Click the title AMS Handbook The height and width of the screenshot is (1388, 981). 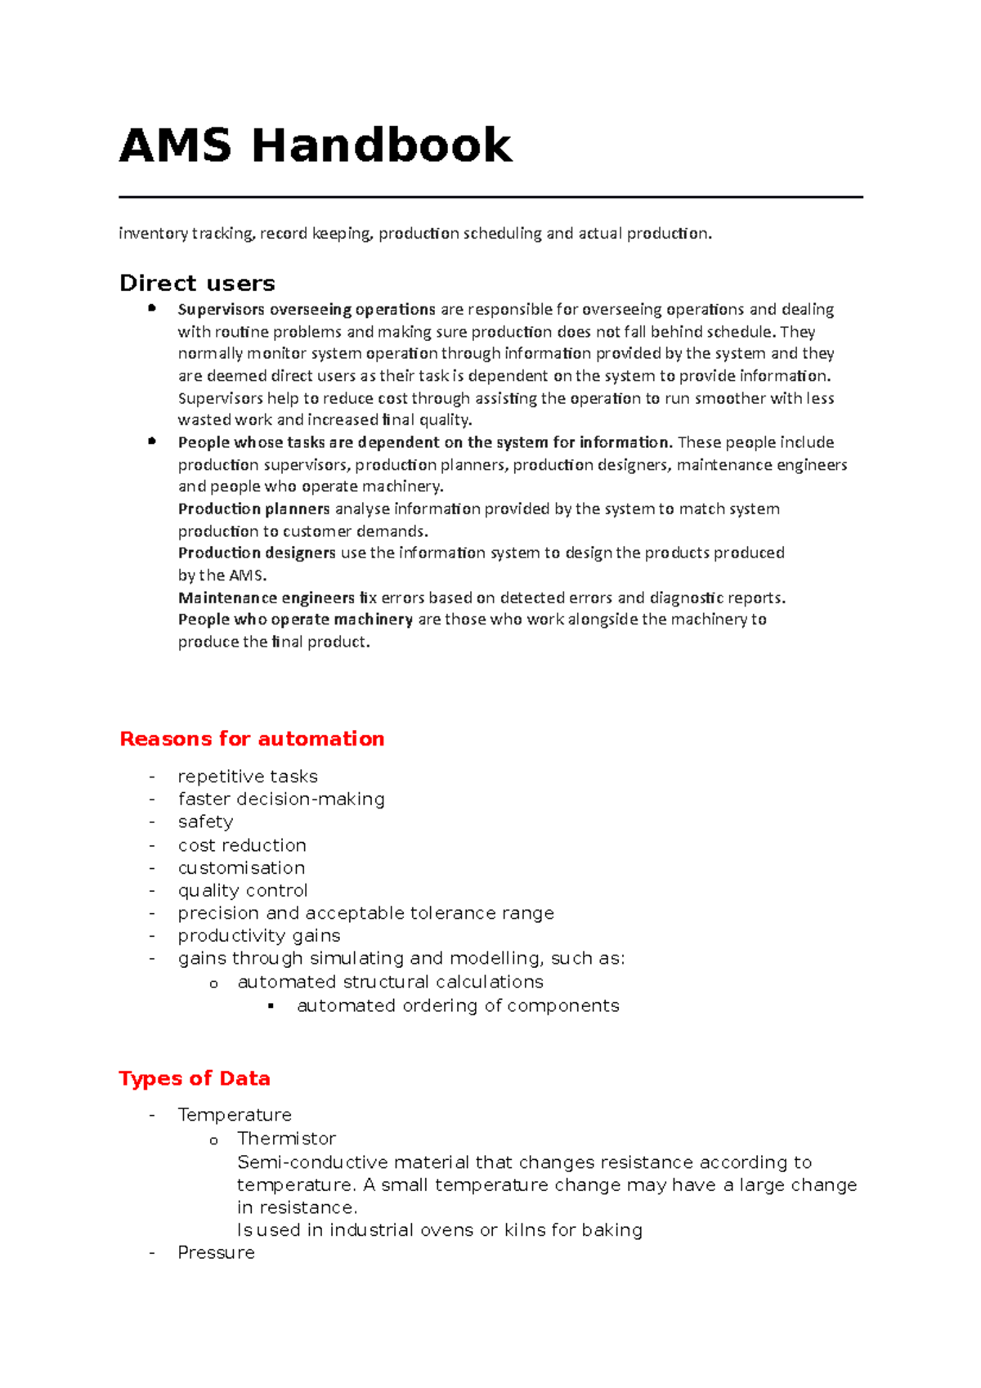(x=316, y=146)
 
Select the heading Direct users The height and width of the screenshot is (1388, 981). (x=197, y=283)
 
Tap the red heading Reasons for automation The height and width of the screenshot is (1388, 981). (x=252, y=738)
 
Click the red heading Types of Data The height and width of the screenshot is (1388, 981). (x=195, y=1078)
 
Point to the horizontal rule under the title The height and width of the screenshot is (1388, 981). (x=490, y=197)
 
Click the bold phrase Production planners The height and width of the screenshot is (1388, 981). (x=253, y=508)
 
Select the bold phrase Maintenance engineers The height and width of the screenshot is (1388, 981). (x=267, y=598)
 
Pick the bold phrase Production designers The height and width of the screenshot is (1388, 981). (x=257, y=553)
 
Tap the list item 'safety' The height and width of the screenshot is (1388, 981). (x=205, y=822)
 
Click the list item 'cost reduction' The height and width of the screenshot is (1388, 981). (x=242, y=844)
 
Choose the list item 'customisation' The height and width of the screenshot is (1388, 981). (x=241, y=867)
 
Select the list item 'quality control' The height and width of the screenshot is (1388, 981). (x=243, y=890)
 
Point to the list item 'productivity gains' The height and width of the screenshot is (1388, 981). (x=259, y=935)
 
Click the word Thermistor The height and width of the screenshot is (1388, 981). (x=286, y=1138)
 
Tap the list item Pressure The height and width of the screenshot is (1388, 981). (x=216, y=1252)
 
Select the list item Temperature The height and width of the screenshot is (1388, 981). (x=235, y=1115)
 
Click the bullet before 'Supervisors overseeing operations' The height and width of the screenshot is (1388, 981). (x=152, y=308)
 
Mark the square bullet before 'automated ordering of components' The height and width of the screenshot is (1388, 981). (x=271, y=1006)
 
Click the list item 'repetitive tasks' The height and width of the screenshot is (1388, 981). (x=248, y=776)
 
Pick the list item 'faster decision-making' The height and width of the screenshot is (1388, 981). (x=281, y=799)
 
